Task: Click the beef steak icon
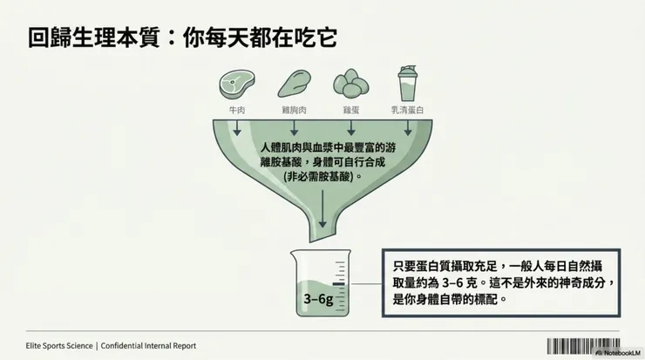236,84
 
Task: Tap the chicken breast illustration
294,84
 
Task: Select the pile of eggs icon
351,84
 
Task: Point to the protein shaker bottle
408,83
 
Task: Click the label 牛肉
237,110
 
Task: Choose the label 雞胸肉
294,110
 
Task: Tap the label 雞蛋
351,110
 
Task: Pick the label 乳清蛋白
407,110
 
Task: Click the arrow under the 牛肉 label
237,128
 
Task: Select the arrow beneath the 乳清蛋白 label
408,128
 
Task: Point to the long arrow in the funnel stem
322,209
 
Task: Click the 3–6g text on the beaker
318,299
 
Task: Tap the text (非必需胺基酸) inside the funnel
323,176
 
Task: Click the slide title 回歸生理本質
93,37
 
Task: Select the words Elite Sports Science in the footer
59,346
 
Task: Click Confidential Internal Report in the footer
148,346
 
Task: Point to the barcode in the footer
583,346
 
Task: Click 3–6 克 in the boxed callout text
460,283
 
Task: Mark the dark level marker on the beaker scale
338,284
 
